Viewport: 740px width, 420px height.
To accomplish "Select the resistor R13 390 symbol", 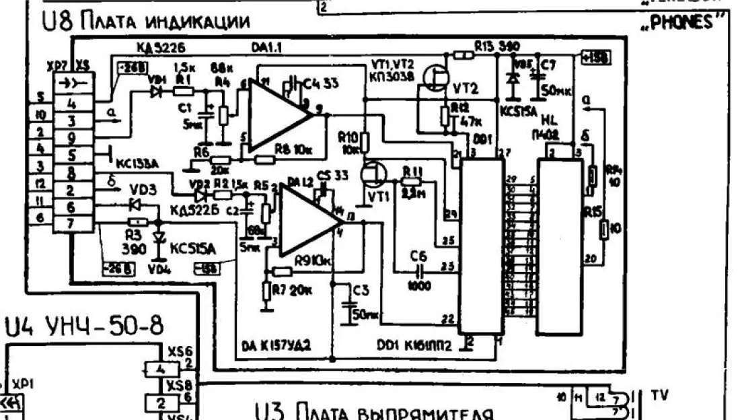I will (x=461, y=55).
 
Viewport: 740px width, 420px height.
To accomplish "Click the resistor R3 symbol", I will (x=137, y=221).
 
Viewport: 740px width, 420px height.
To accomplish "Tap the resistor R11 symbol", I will (x=412, y=178).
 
